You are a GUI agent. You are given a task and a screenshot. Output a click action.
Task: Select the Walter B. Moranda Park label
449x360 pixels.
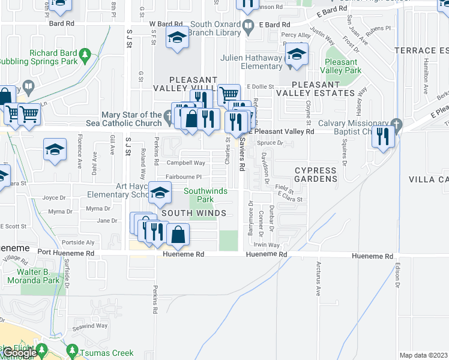[42, 276]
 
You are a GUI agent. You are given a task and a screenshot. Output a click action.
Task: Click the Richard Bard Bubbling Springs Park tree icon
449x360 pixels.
[86, 55]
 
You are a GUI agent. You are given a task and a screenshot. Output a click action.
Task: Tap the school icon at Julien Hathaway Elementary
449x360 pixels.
[296, 56]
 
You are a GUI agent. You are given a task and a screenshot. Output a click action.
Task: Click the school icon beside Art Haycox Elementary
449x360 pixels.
[160, 193]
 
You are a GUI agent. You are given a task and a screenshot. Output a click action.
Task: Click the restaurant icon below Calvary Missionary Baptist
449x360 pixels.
[382, 137]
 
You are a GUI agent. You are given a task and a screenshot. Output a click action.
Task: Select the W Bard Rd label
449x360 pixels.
[164, 24]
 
